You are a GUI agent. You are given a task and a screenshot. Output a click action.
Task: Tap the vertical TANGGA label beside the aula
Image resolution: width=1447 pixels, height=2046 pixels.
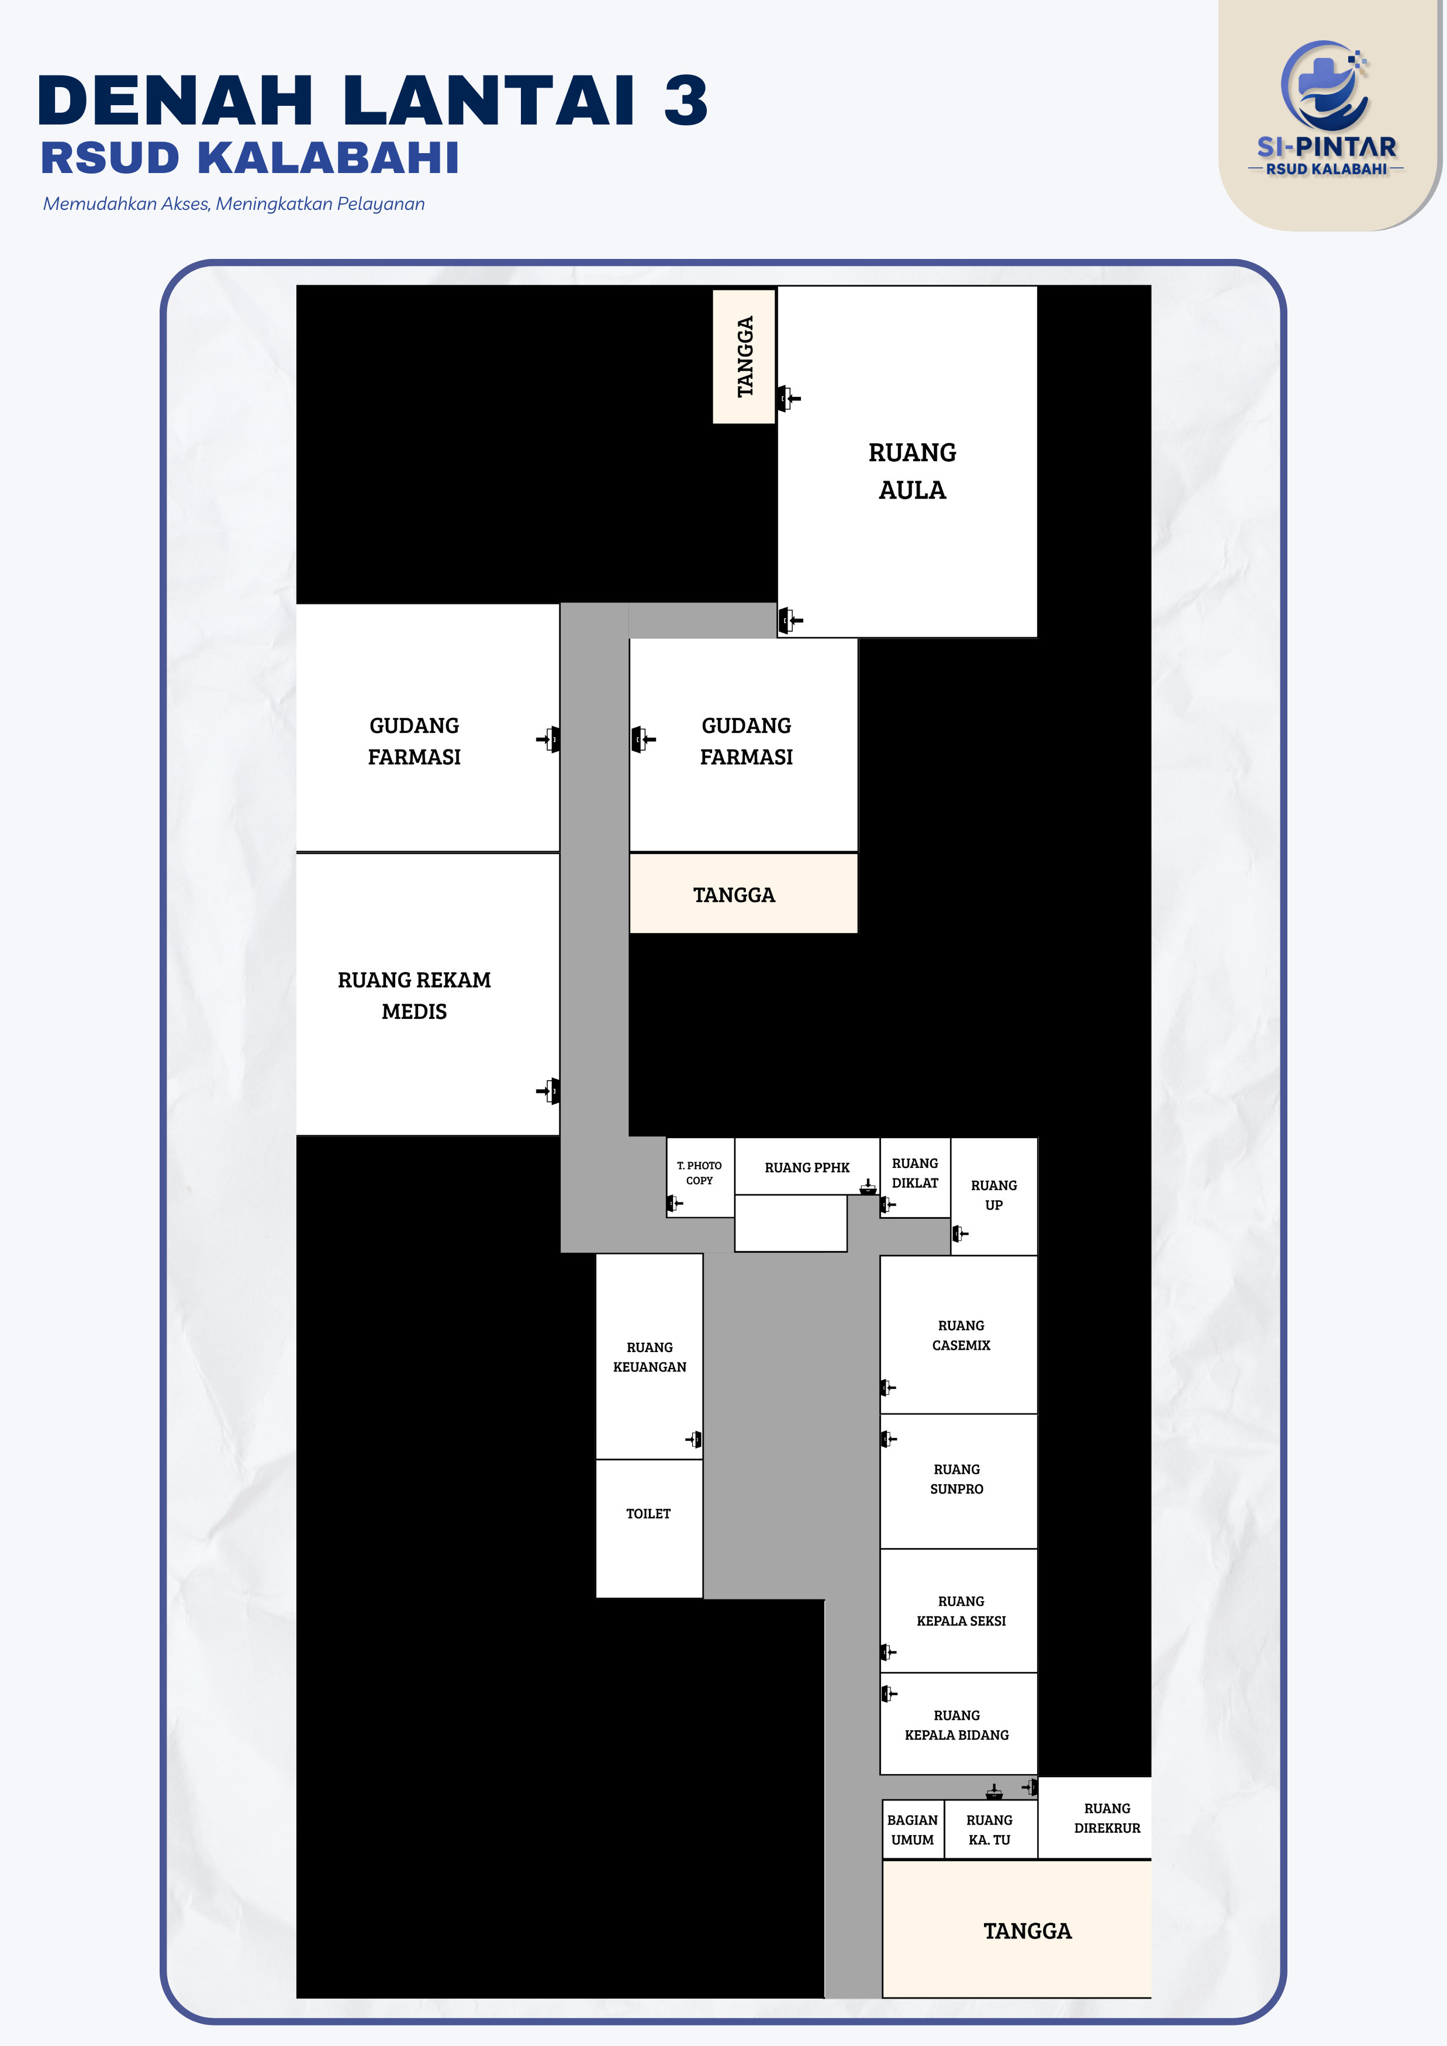(x=745, y=357)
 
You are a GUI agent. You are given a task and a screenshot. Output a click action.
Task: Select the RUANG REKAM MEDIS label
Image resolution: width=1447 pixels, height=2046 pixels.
(x=415, y=996)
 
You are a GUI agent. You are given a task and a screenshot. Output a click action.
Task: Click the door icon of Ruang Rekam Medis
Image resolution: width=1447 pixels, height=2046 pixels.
(x=549, y=1091)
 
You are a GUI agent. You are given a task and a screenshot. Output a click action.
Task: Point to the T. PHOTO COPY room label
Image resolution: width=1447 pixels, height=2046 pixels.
(x=699, y=1173)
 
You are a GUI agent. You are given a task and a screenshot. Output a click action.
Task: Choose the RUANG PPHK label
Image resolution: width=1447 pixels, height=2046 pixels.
(x=807, y=1167)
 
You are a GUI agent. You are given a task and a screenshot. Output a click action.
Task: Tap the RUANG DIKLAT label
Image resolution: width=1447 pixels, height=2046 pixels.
(x=915, y=1173)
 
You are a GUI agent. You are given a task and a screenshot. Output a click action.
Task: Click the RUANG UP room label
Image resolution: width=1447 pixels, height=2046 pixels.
(x=993, y=1195)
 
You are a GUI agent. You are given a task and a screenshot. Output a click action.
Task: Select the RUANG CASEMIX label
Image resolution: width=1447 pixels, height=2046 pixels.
(x=961, y=1335)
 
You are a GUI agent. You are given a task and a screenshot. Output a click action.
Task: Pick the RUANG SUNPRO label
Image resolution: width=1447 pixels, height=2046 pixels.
(x=957, y=1478)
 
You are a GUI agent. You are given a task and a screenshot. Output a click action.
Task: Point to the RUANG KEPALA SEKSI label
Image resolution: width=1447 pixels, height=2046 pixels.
(x=961, y=1610)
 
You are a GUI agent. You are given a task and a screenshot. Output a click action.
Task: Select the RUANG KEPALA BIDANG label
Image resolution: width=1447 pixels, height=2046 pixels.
(x=957, y=1724)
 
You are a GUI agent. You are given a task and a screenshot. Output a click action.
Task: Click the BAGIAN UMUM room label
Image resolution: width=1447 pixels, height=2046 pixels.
(x=913, y=1830)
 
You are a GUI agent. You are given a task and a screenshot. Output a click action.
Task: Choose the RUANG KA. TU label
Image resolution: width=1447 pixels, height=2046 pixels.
(x=989, y=1830)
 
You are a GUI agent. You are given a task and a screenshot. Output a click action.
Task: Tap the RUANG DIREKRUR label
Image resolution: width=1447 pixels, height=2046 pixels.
(x=1107, y=1818)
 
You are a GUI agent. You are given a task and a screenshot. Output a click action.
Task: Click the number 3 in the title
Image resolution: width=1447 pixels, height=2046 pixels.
(x=685, y=100)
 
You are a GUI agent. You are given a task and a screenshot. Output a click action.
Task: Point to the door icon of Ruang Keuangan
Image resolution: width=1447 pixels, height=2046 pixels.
(x=694, y=1439)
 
